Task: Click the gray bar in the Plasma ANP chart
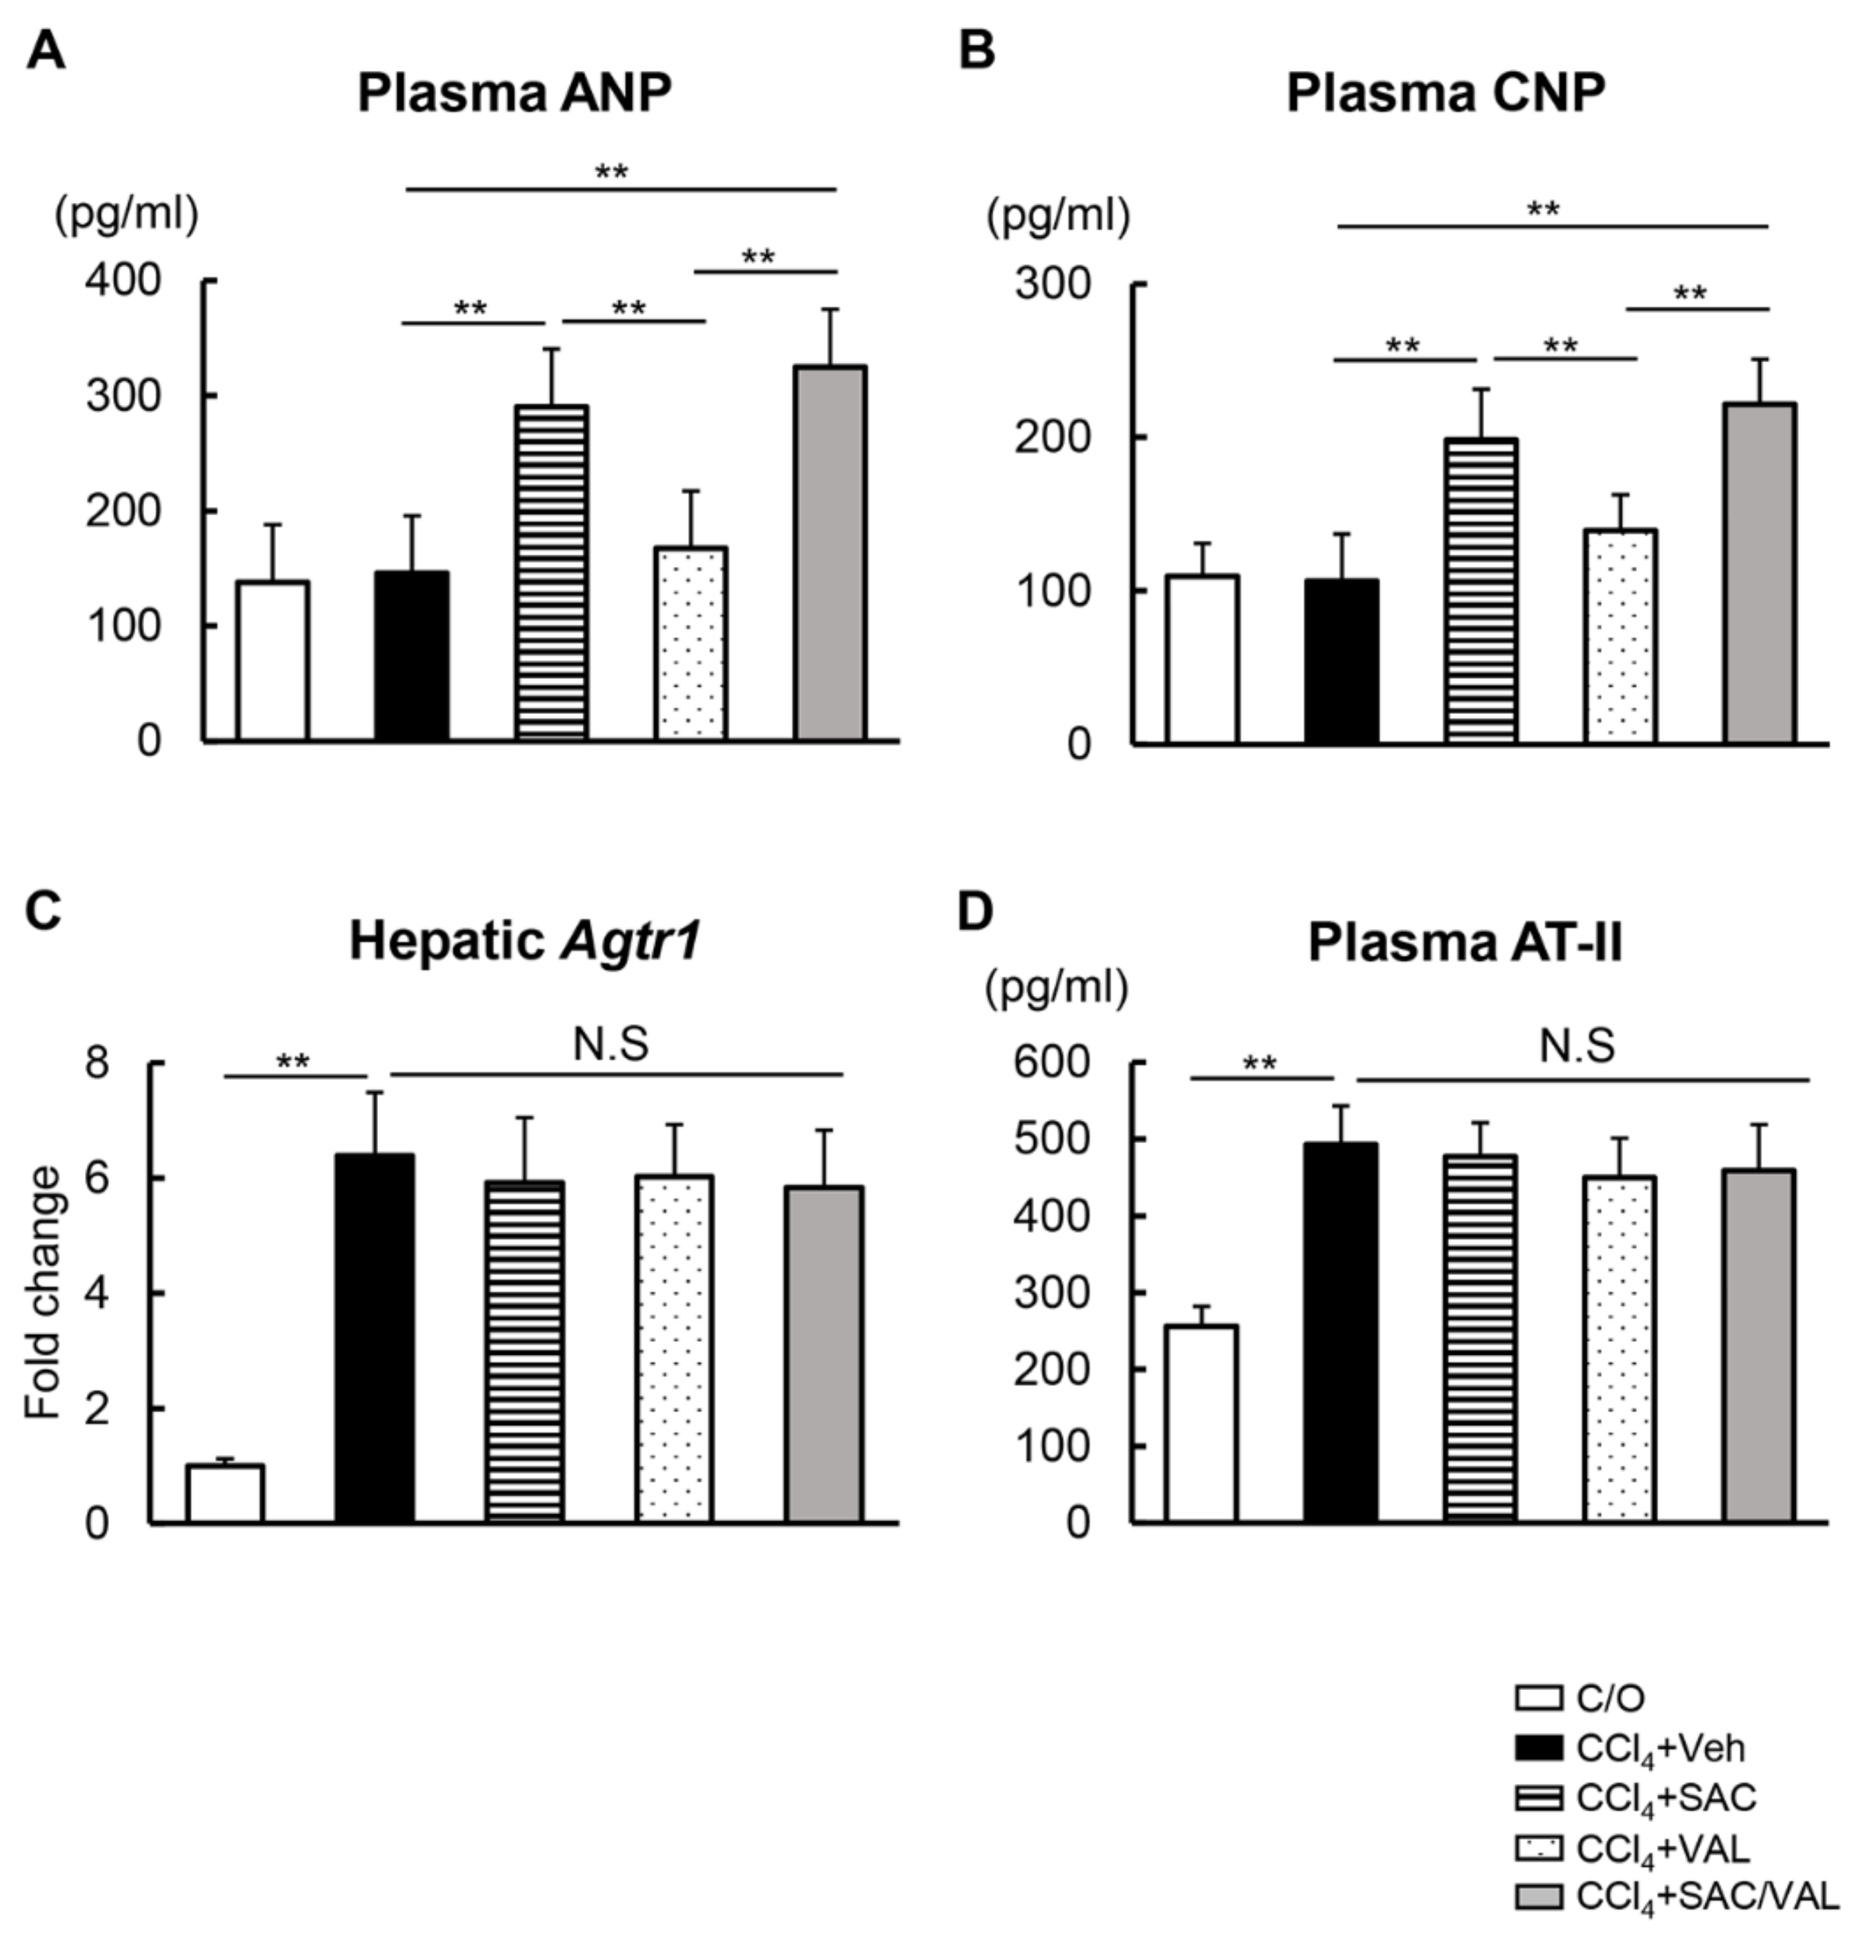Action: (830, 553)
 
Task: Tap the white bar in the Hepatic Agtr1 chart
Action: (226, 1493)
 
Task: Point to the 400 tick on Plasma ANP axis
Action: (123, 281)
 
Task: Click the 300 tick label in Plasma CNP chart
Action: (1053, 285)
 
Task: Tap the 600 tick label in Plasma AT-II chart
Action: (1053, 1064)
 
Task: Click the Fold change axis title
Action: (43, 1293)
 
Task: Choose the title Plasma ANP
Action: (514, 94)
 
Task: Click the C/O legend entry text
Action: (1610, 1698)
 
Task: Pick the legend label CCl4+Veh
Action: (1659, 1748)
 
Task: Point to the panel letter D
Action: (975, 911)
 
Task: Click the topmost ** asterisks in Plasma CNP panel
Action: (1543, 210)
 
